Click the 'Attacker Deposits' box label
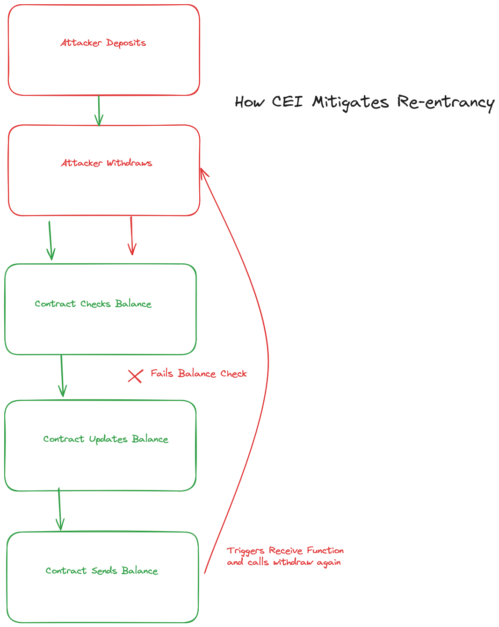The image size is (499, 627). [103, 43]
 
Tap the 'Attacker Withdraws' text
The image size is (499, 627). [107, 163]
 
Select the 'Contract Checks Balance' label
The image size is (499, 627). [93, 304]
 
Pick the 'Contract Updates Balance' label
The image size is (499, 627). [106, 439]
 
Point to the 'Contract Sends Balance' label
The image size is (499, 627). [101, 571]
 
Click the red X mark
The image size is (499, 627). [135, 376]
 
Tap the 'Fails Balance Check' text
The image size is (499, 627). [199, 374]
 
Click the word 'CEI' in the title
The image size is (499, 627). [287, 102]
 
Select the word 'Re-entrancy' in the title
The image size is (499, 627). [446, 102]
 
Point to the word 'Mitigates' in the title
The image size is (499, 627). [351, 102]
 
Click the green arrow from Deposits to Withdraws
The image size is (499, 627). [99, 110]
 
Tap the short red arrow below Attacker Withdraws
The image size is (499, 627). [132, 236]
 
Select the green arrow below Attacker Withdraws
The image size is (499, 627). [50, 240]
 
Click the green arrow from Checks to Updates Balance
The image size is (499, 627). [62, 375]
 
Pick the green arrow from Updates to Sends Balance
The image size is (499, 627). [59, 509]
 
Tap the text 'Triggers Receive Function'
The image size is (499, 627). [285, 551]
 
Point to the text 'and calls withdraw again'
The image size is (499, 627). [284, 562]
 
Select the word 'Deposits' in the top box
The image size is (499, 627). [126, 43]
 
